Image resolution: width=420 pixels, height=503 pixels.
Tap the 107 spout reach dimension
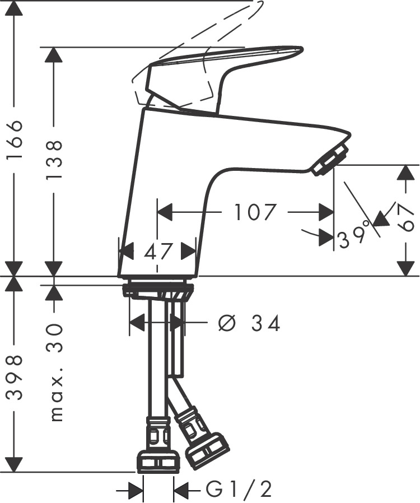(255, 212)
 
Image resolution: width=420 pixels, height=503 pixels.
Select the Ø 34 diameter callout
(249, 323)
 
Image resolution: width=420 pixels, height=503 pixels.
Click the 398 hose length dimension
(15, 378)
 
